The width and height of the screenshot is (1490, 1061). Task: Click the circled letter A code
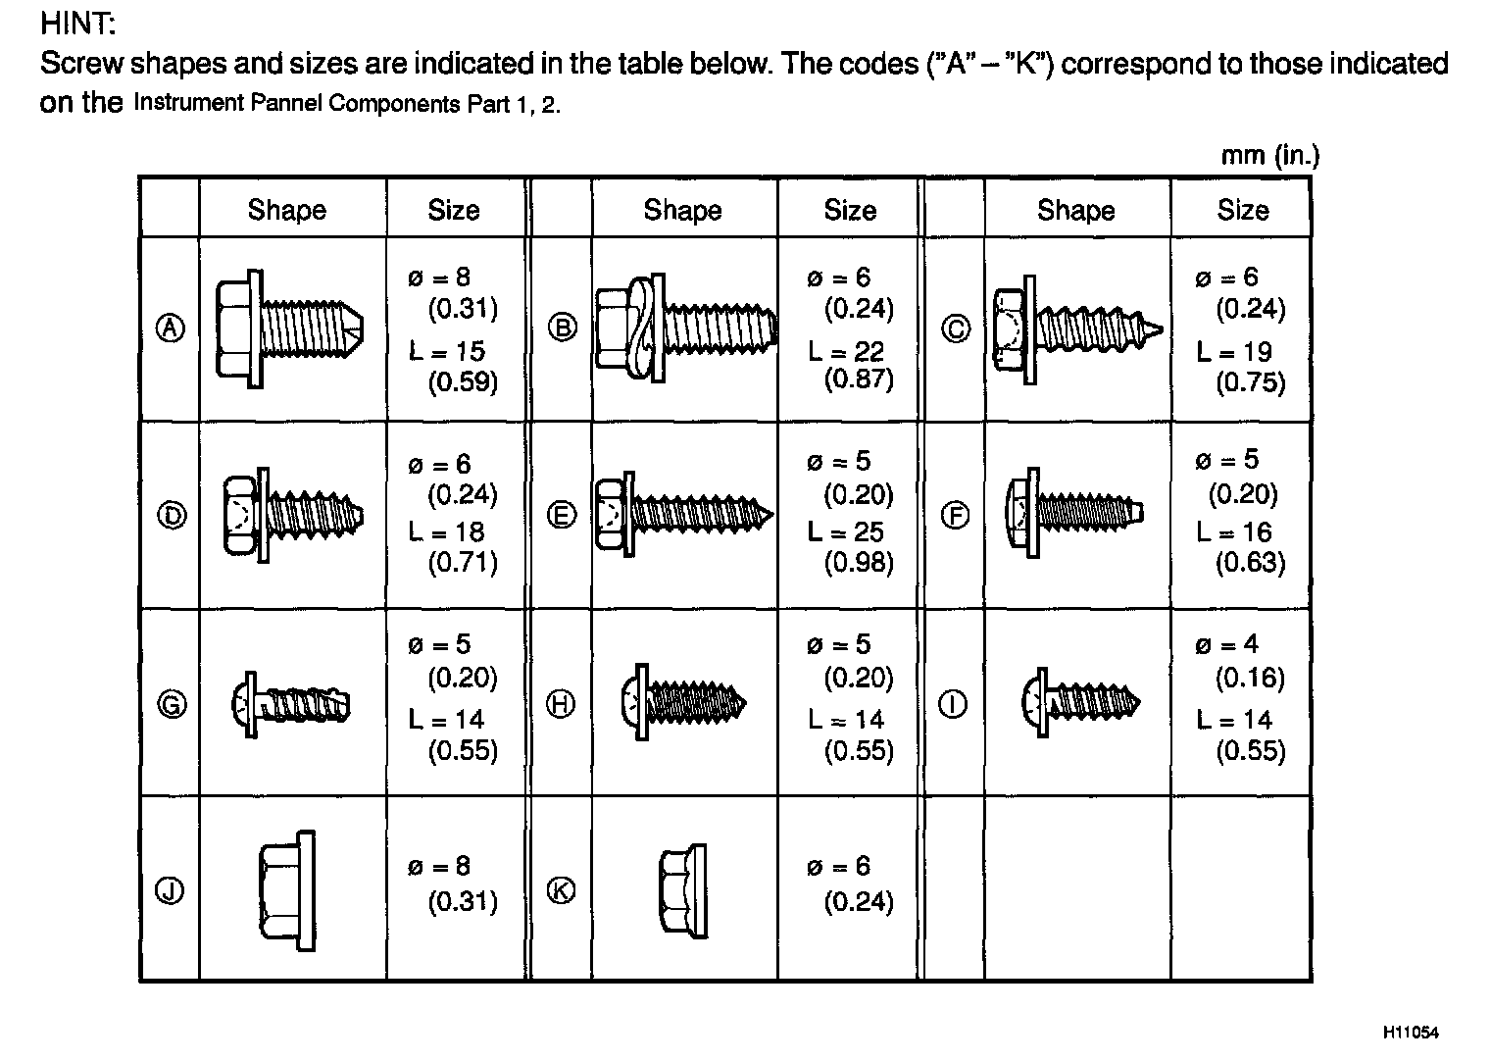pos(171,328)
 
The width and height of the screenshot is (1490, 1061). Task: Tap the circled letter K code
pos(561,890)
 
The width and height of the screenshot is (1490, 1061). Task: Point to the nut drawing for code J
pos(288,890)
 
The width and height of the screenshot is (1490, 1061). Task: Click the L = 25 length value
pos(845,532)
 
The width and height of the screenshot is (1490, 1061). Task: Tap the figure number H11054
pos(1411,1032)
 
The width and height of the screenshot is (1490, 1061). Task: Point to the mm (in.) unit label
pos(1270,156)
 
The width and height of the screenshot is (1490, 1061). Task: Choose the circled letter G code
pos(172,704)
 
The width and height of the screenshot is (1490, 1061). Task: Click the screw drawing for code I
pos(1080,702)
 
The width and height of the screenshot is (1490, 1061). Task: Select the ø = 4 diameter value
pos(1225,644)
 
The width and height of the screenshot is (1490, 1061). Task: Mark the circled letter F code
pos(955,515)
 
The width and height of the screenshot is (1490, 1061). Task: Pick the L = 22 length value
pos(845,351)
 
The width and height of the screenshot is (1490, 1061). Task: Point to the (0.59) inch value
pos(463,381)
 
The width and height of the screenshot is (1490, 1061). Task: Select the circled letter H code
pos(561,704)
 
